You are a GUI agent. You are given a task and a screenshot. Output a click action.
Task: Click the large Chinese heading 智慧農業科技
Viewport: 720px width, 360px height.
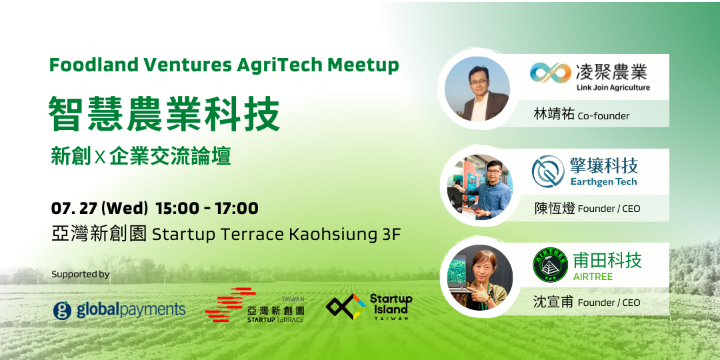164,114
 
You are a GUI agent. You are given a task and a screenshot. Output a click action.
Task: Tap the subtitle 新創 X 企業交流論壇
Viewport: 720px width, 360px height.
141,156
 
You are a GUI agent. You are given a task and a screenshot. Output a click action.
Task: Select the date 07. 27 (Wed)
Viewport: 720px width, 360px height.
99,209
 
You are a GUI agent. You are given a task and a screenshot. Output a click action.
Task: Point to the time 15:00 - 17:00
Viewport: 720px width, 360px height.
207,209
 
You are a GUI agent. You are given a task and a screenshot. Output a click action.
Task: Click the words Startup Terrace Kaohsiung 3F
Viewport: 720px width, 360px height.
277,235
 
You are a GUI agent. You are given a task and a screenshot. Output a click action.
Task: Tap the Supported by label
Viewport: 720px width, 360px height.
81,275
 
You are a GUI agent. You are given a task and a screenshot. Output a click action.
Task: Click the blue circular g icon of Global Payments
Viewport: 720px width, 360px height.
62,311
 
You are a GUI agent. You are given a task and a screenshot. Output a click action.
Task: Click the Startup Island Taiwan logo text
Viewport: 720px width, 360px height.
391,306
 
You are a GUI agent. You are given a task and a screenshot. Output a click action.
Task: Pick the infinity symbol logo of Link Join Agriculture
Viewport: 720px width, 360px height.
550,73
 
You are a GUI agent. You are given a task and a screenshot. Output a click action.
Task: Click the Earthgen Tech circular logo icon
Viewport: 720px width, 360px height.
548,171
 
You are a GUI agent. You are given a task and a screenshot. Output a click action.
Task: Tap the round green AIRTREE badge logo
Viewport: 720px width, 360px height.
551,265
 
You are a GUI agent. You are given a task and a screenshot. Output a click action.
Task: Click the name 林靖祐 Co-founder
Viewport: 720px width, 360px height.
581,115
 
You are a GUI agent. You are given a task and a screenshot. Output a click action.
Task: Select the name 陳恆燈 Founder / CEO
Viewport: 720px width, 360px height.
587,209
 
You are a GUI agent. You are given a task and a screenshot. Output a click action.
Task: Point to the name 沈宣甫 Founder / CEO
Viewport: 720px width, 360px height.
587,302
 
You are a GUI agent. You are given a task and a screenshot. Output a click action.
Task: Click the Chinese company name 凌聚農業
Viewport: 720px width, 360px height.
611,72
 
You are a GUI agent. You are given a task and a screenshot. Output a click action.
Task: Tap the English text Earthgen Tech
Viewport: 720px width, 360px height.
603,182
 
